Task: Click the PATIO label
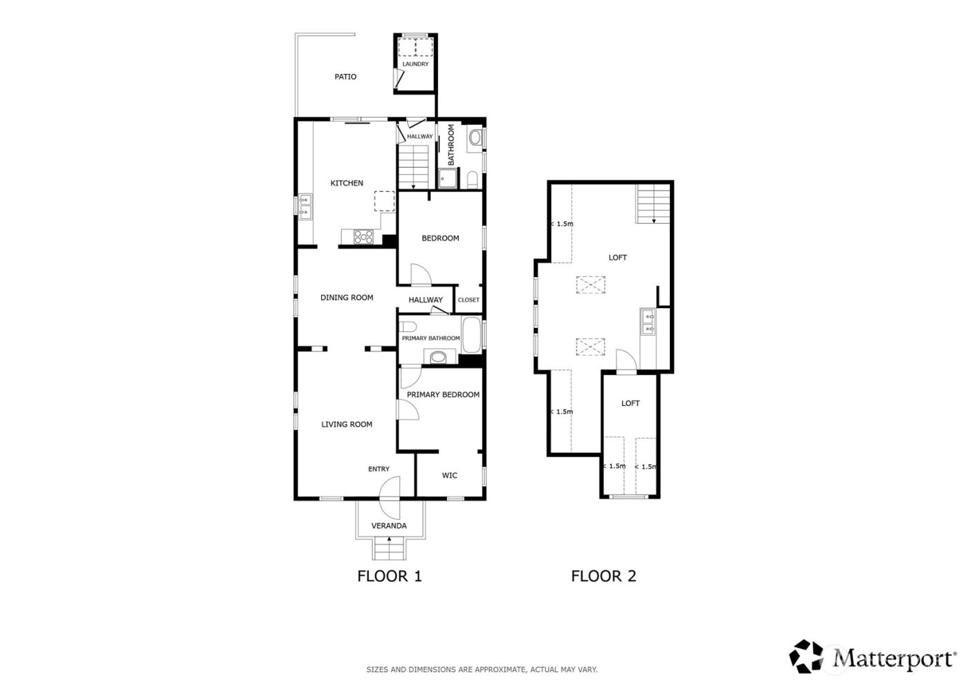click(345, 77)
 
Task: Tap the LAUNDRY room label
click(415, 64)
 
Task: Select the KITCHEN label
click(347, 183)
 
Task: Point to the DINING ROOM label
click(347, 298)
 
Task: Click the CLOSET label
click(468, 300)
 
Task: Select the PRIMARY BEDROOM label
click(443, 394)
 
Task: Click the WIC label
click(450, 475)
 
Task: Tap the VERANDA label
click(389, 526)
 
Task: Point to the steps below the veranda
click(390, 550)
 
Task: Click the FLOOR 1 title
click(389, 576)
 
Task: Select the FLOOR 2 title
click(603, 576)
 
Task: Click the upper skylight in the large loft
click(589, 285)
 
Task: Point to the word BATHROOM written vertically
click(450, 144)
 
